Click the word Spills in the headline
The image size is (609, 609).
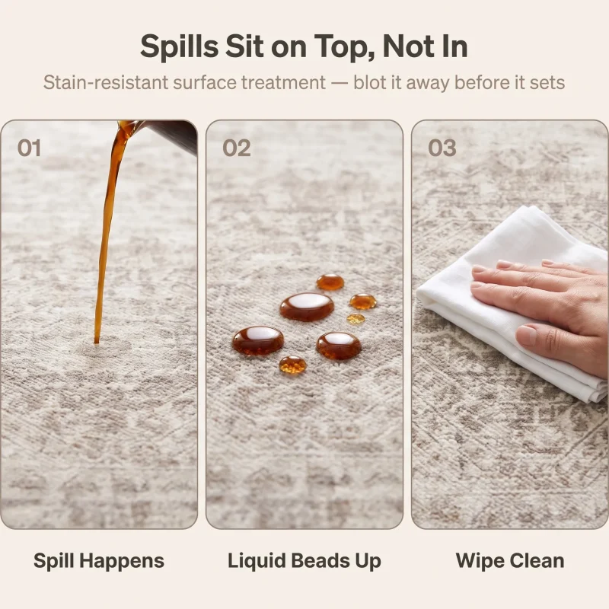point(179,46)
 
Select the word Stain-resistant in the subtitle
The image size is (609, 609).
point(106,82)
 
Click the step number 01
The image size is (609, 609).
point(29,148)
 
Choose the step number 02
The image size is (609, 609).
point(237,148)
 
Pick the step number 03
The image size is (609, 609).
point(442,148)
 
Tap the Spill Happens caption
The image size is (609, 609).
point(99,561)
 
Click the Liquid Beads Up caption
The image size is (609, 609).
point(304,561)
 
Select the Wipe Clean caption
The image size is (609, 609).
point(510,561)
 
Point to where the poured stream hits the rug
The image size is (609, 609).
point(97,342)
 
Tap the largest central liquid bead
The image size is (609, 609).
point(307,307)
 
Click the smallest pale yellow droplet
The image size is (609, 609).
point(356,319)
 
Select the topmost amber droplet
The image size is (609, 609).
point(330,282)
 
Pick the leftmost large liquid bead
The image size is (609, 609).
point(258,340)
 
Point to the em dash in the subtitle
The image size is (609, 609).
point(340,83)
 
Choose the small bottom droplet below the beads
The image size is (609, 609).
point(292,365)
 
